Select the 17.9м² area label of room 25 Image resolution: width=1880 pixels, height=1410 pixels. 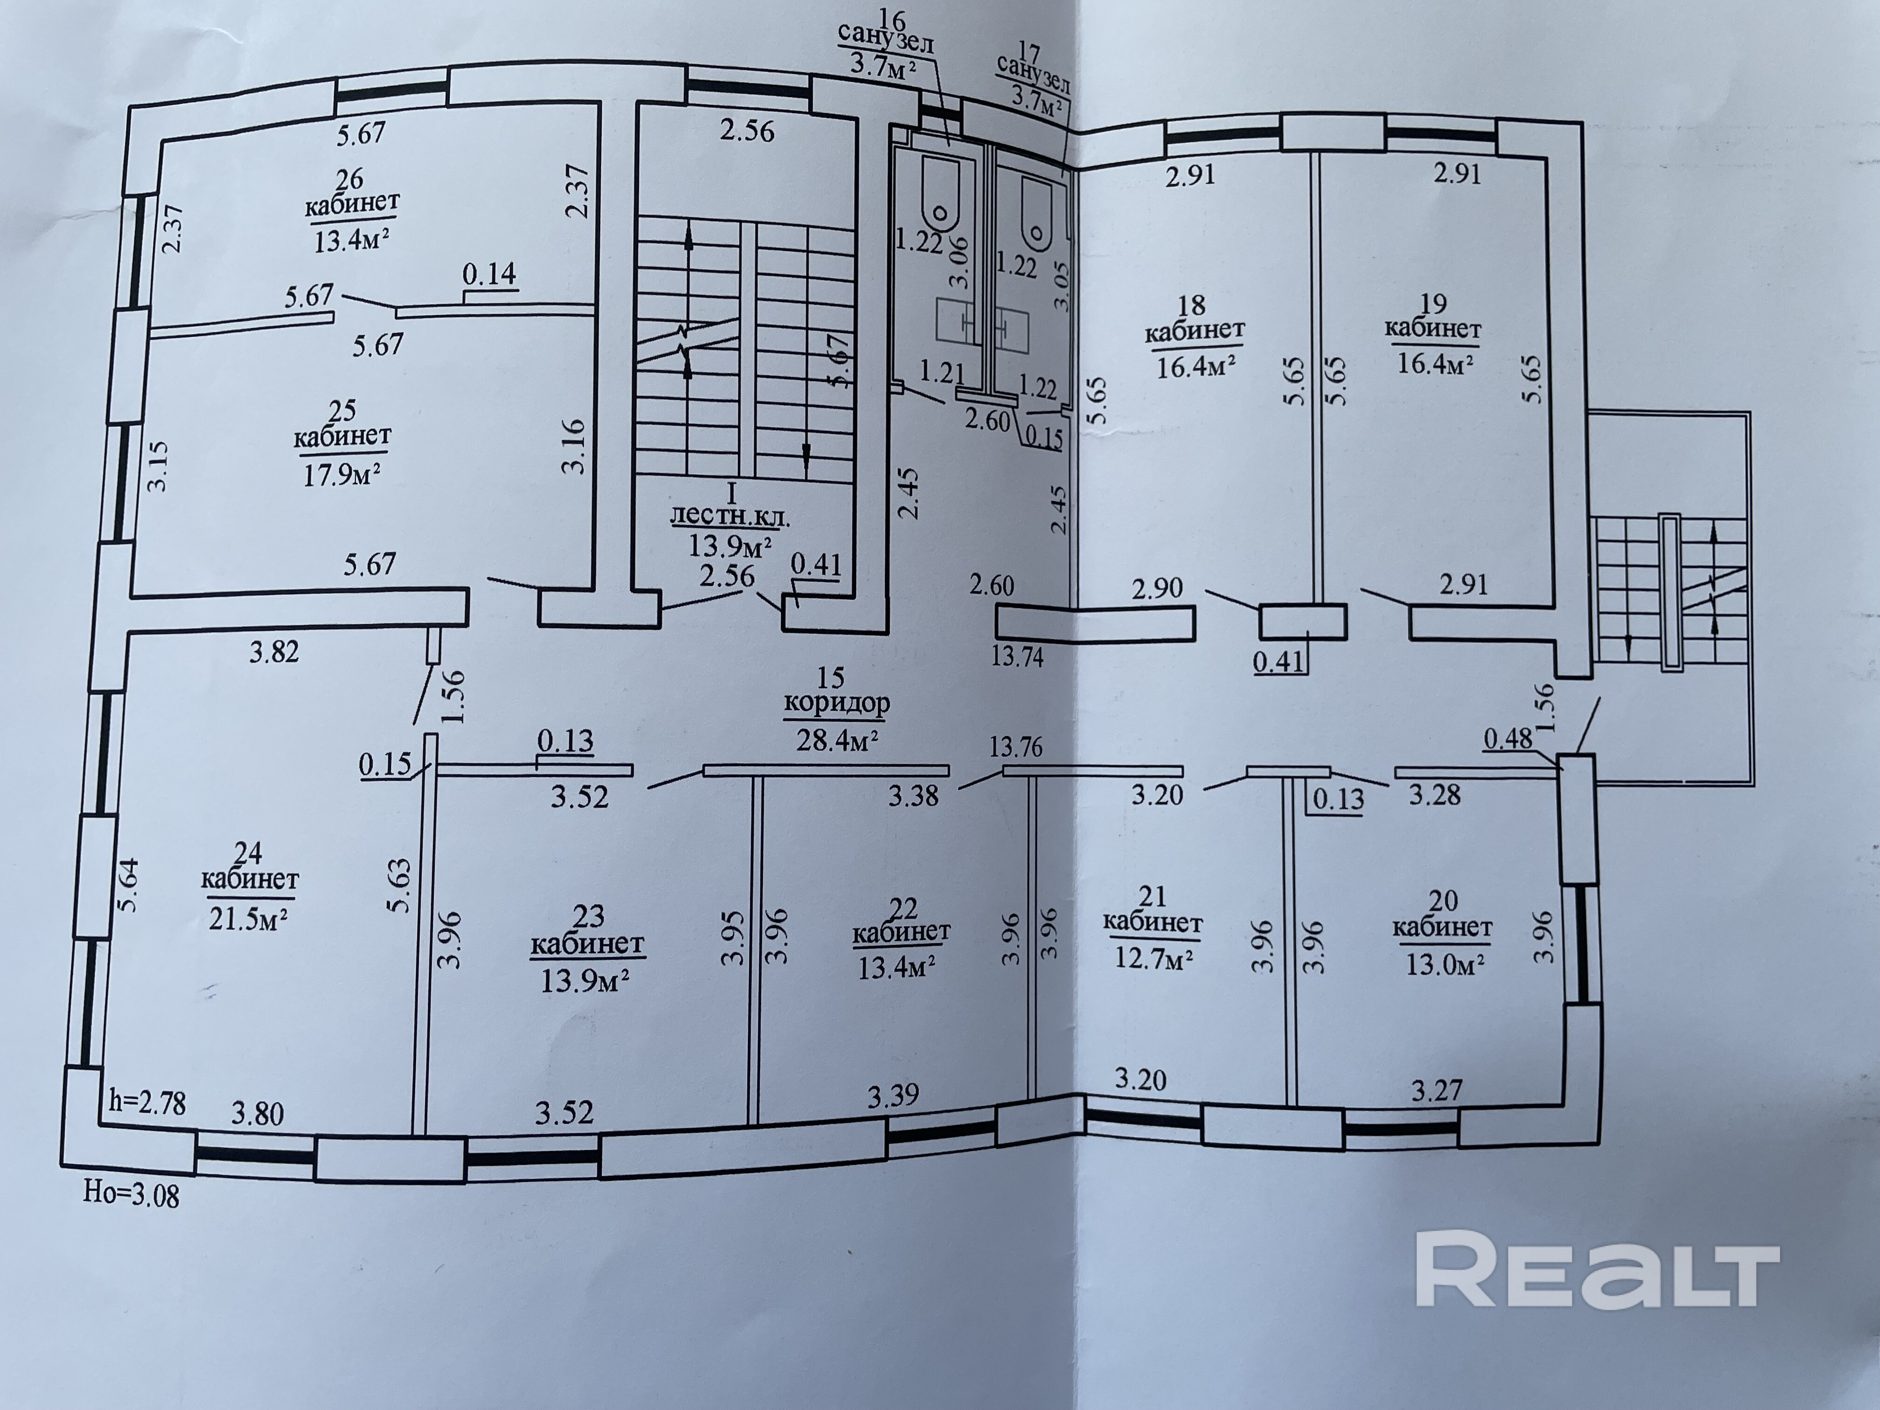pyautogui.click(x=342, y=473)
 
